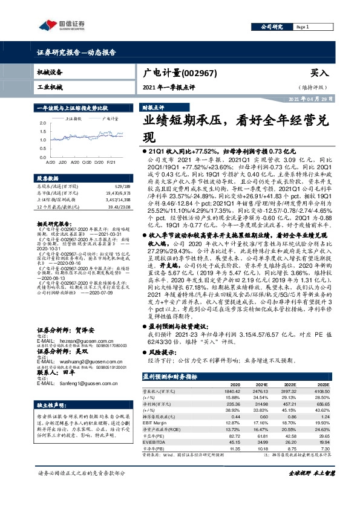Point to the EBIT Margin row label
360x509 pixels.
tap(155, 423)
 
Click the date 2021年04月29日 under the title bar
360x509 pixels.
tap(312, 99)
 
